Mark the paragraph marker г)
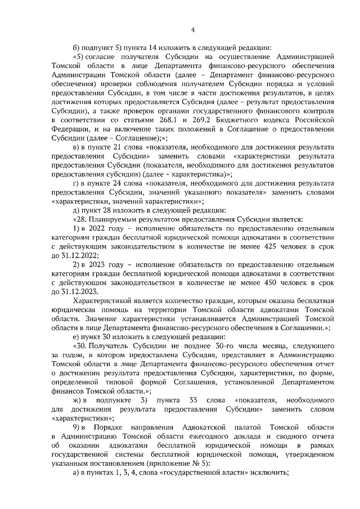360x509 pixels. (x=76, y=182)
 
